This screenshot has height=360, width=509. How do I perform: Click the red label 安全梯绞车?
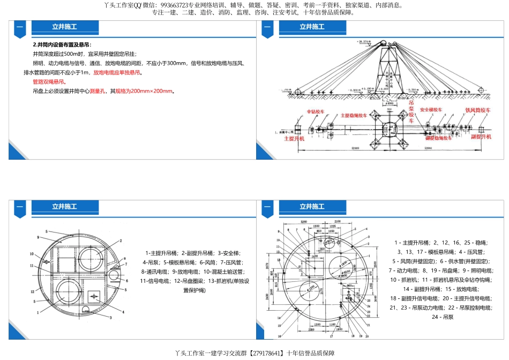tap(431, 110)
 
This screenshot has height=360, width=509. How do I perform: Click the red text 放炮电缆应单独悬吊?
tap(117, 72)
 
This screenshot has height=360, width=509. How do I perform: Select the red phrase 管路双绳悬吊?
tap(49, 82)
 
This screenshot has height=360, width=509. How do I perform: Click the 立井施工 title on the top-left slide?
tap(64, 27)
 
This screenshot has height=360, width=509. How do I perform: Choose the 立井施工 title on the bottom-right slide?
tap(312, 206)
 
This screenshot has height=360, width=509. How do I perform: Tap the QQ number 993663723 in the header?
tap(177, 5)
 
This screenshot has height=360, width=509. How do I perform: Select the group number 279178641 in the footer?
tap(267, 354)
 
